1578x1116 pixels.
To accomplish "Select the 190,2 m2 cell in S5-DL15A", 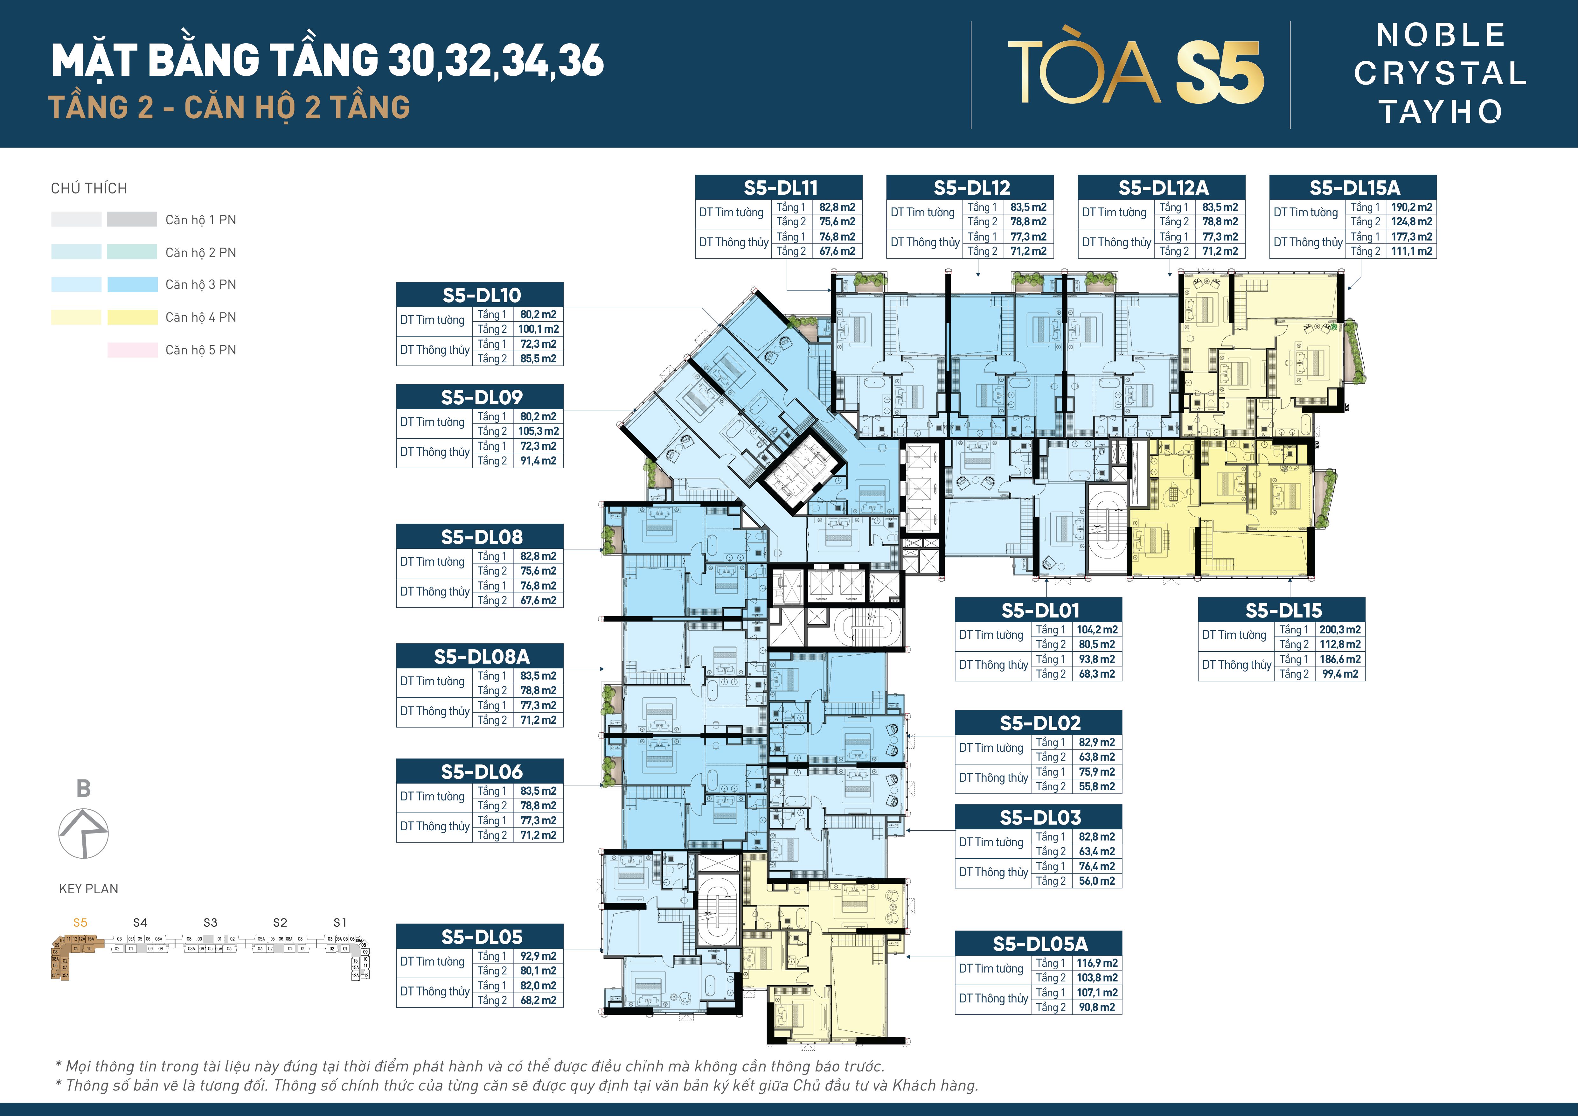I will coord(1411,207).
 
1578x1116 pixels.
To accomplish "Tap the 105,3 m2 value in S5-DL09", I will coord(538,431).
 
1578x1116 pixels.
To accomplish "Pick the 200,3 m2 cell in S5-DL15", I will coord(1339,630).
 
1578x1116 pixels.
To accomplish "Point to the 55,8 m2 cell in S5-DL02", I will coord(1096,786).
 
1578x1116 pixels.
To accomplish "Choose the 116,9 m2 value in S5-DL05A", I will coord(1096,963).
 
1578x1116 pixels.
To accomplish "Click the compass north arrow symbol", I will coord(83,833).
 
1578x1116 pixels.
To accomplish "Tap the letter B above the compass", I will coord(83,788).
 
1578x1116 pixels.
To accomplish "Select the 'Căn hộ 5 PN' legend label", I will coord(201,350).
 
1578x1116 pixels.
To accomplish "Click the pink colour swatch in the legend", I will coord(132,350).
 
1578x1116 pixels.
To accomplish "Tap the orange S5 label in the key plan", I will coord(80,922).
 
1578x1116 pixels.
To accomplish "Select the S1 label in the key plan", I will coord(339,922).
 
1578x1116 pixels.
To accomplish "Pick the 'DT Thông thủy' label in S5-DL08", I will coord(434,592).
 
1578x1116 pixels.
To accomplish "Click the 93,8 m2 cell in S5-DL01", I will coord(1096,659).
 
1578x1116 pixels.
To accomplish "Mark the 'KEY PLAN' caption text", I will coord(89,889).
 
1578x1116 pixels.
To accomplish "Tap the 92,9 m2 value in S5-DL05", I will coord(538,956).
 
